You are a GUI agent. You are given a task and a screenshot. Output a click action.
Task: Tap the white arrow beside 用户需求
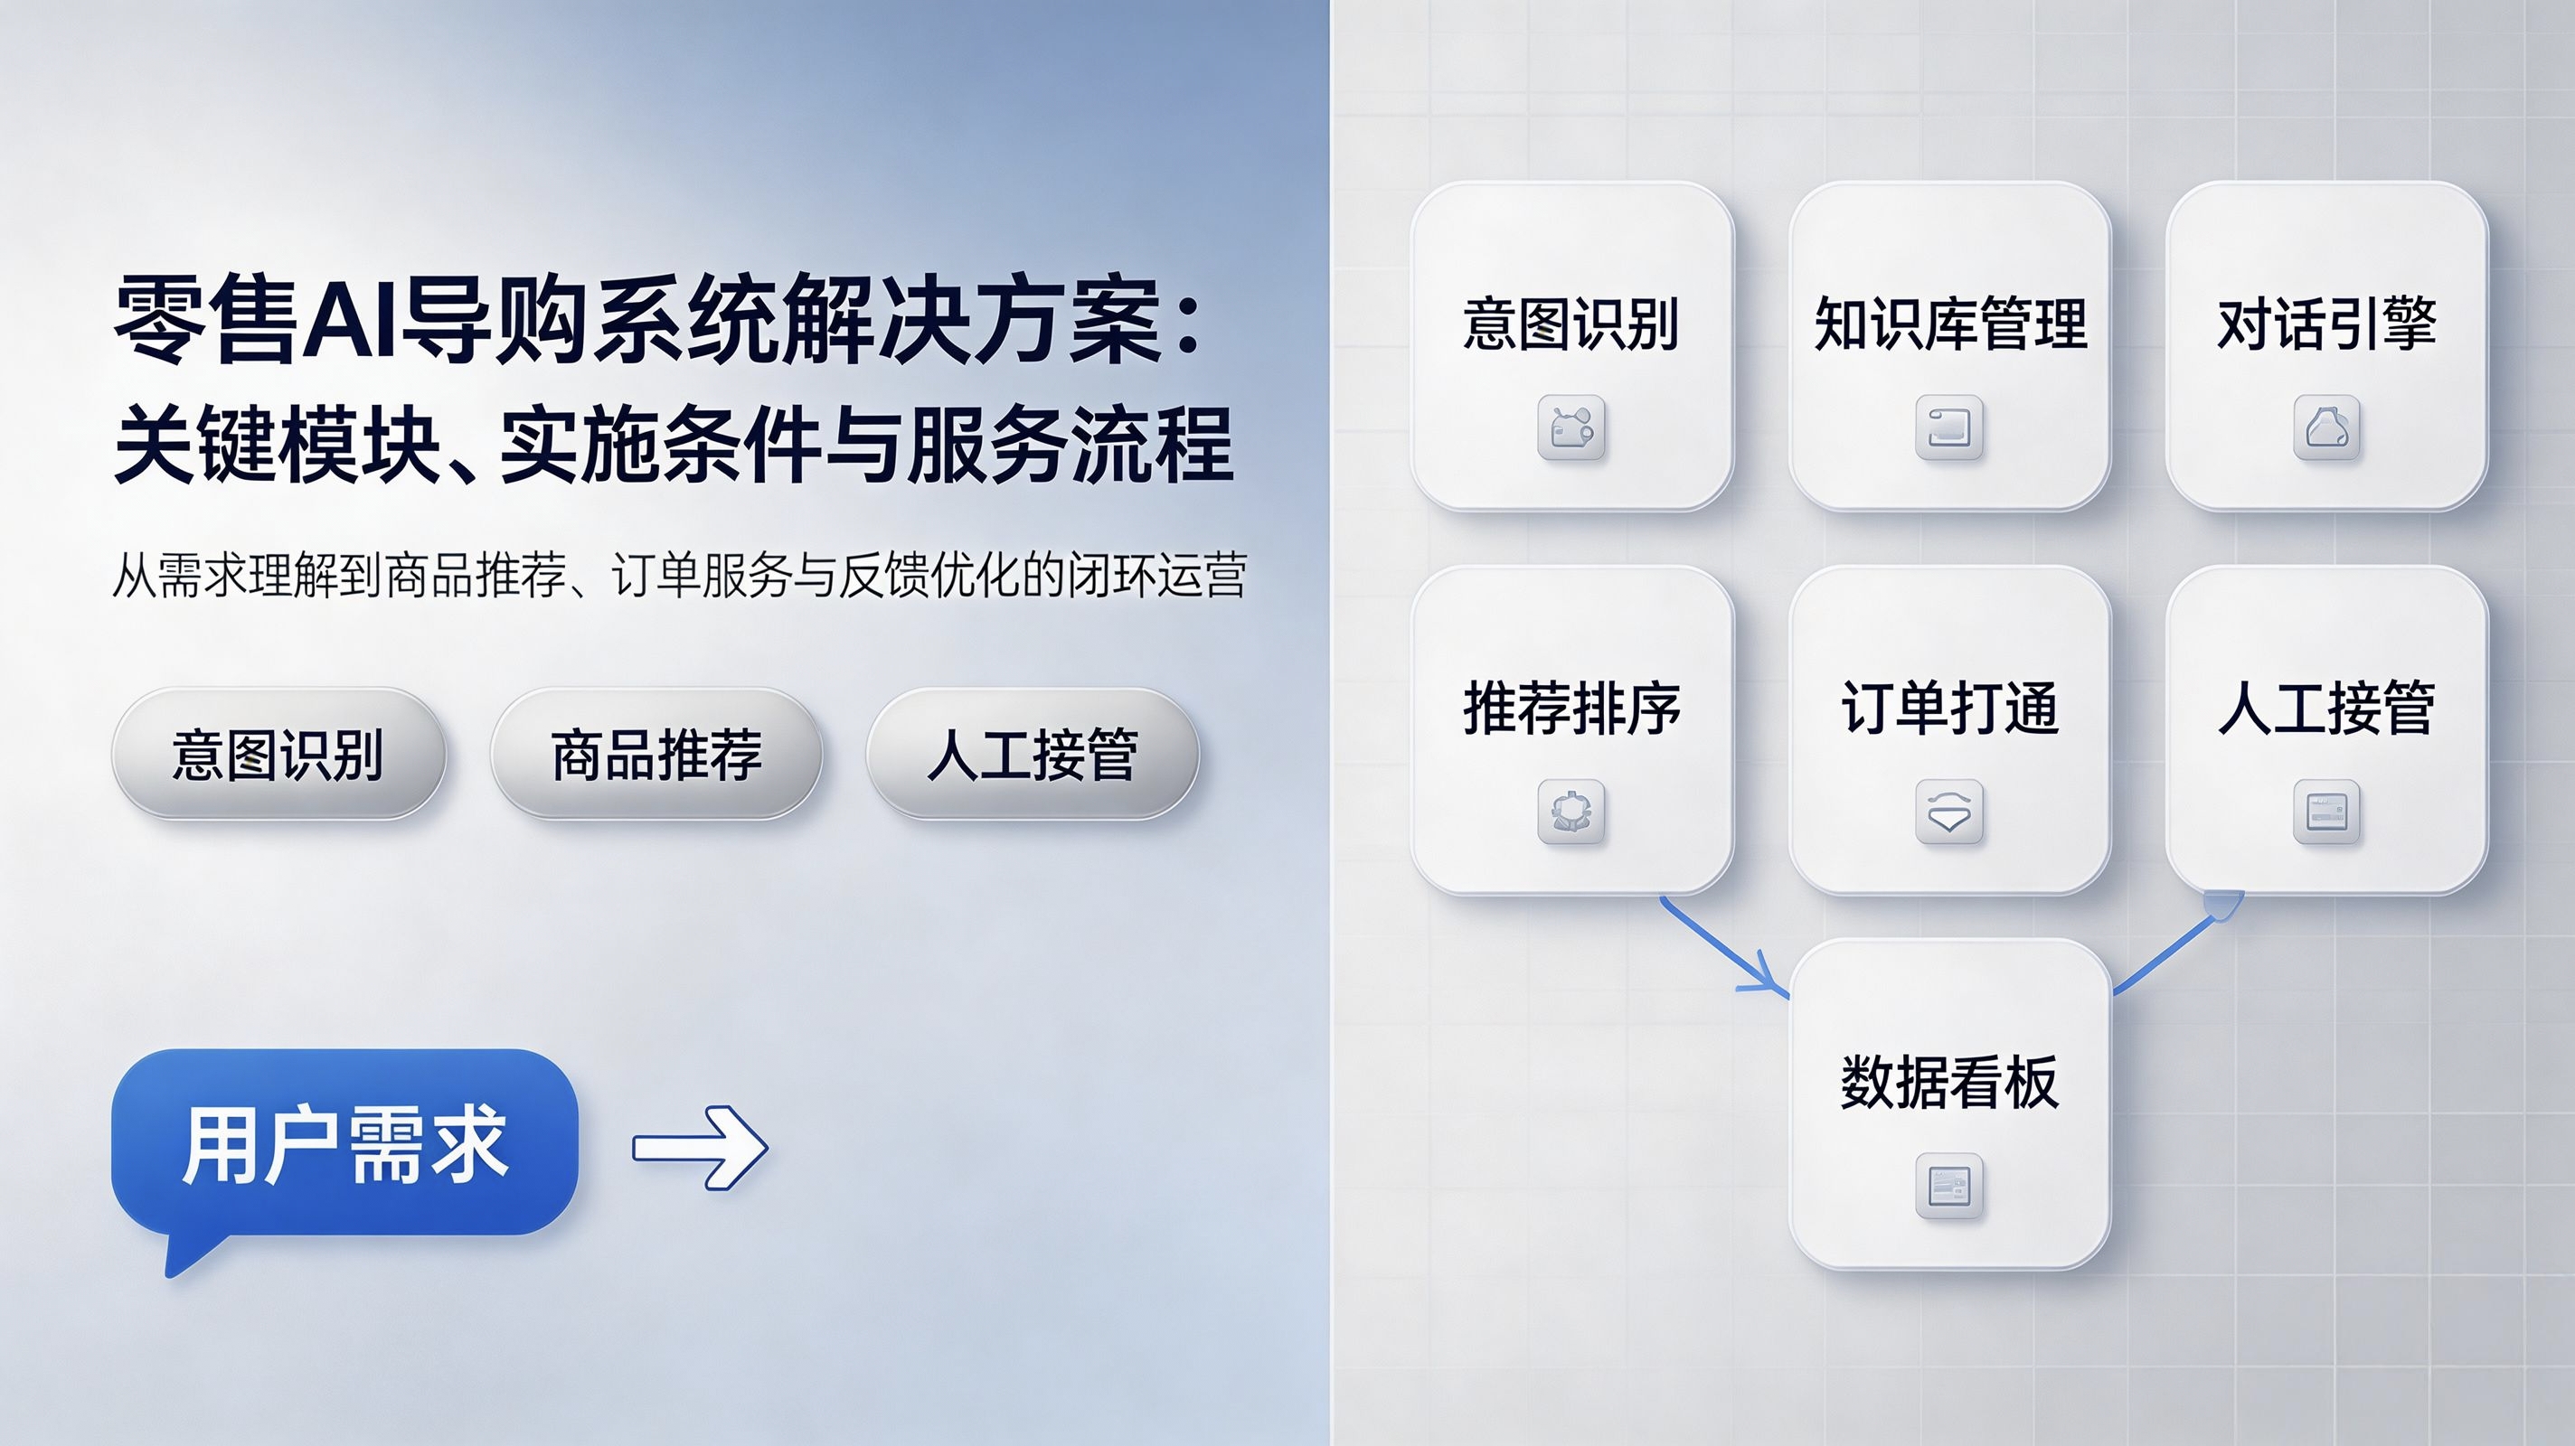[x=701, y=1147]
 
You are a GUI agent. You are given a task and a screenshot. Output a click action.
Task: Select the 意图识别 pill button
[x=278, y=754]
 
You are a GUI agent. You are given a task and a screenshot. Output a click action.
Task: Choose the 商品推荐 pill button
[x=656, y=754]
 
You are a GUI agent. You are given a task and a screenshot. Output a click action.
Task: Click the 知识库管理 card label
[x=1950, y=324]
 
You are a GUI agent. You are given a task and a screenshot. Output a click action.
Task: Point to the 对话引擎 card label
[x=2327, y=324]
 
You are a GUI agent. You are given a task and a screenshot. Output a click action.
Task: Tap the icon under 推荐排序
[x=1571, y=812]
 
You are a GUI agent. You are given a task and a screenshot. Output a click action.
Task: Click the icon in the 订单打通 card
[x=1949, y=812]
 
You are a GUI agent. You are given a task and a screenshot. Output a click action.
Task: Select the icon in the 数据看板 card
[x=1949, y=1187]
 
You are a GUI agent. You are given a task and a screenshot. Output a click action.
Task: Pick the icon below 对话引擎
[x=2327, y=427]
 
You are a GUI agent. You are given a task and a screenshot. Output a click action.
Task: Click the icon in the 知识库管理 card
[x=1949, y=427]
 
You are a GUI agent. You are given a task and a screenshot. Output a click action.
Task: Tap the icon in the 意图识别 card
[x=1571, y=427]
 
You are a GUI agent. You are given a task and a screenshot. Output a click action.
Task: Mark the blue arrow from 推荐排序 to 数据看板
[x=1722, y=946]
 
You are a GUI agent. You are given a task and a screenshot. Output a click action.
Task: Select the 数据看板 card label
[x=1949, y=1083]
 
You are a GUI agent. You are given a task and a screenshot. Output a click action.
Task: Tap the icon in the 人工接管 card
[x=2327, y=812]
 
